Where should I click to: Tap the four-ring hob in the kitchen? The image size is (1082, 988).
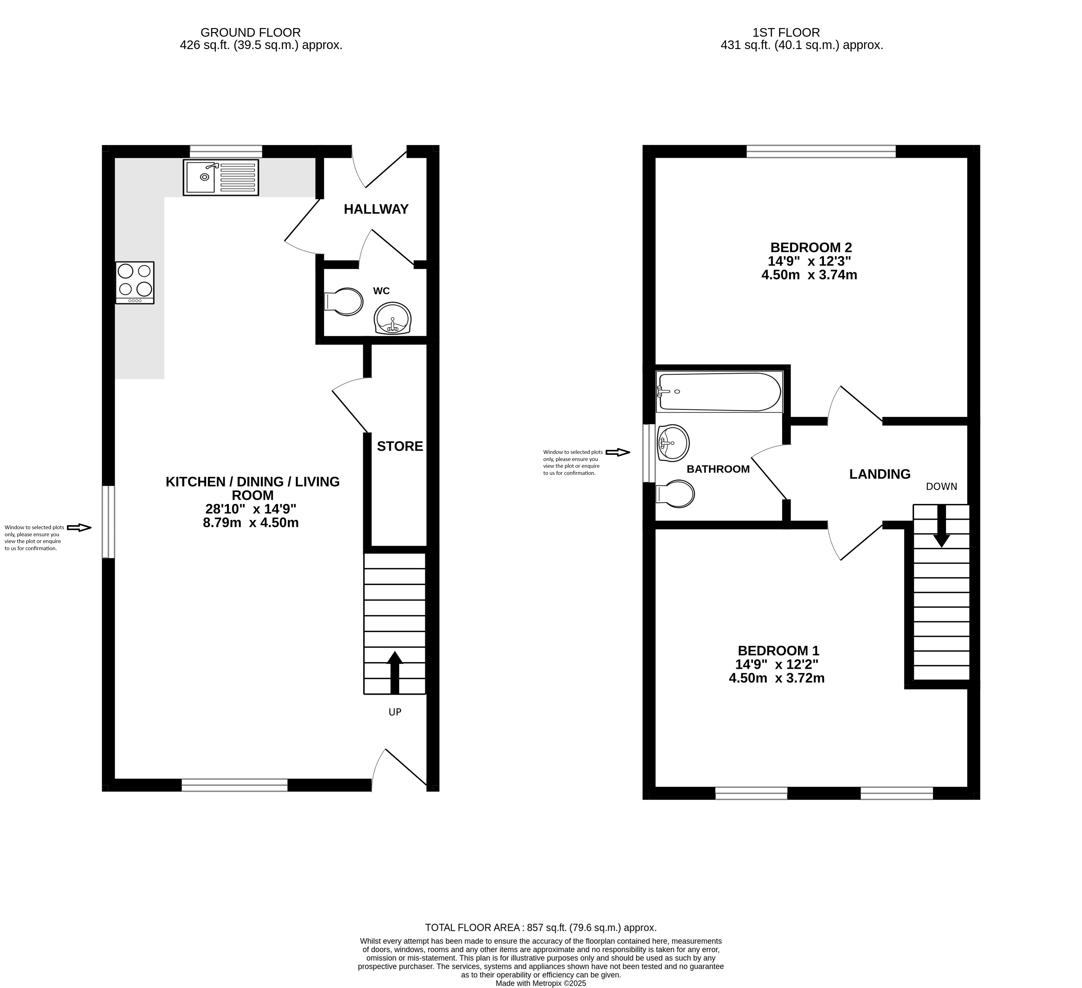(135, 283)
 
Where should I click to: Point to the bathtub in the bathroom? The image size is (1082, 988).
(719, 392)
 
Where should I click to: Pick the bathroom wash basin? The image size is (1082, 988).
(673, 443)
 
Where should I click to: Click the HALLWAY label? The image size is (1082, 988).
(376, 209)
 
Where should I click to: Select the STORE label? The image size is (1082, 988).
(400, 446)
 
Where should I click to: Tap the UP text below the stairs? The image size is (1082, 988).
(395, 712)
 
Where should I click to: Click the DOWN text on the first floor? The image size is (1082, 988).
(941, 487)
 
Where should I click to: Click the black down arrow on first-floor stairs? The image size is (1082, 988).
(941, 526)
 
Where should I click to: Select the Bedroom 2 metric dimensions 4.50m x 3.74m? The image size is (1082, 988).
(809, 275)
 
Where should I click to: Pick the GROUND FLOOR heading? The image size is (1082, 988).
(250, 33)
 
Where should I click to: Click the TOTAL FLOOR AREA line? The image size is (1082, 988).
(541, 927)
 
